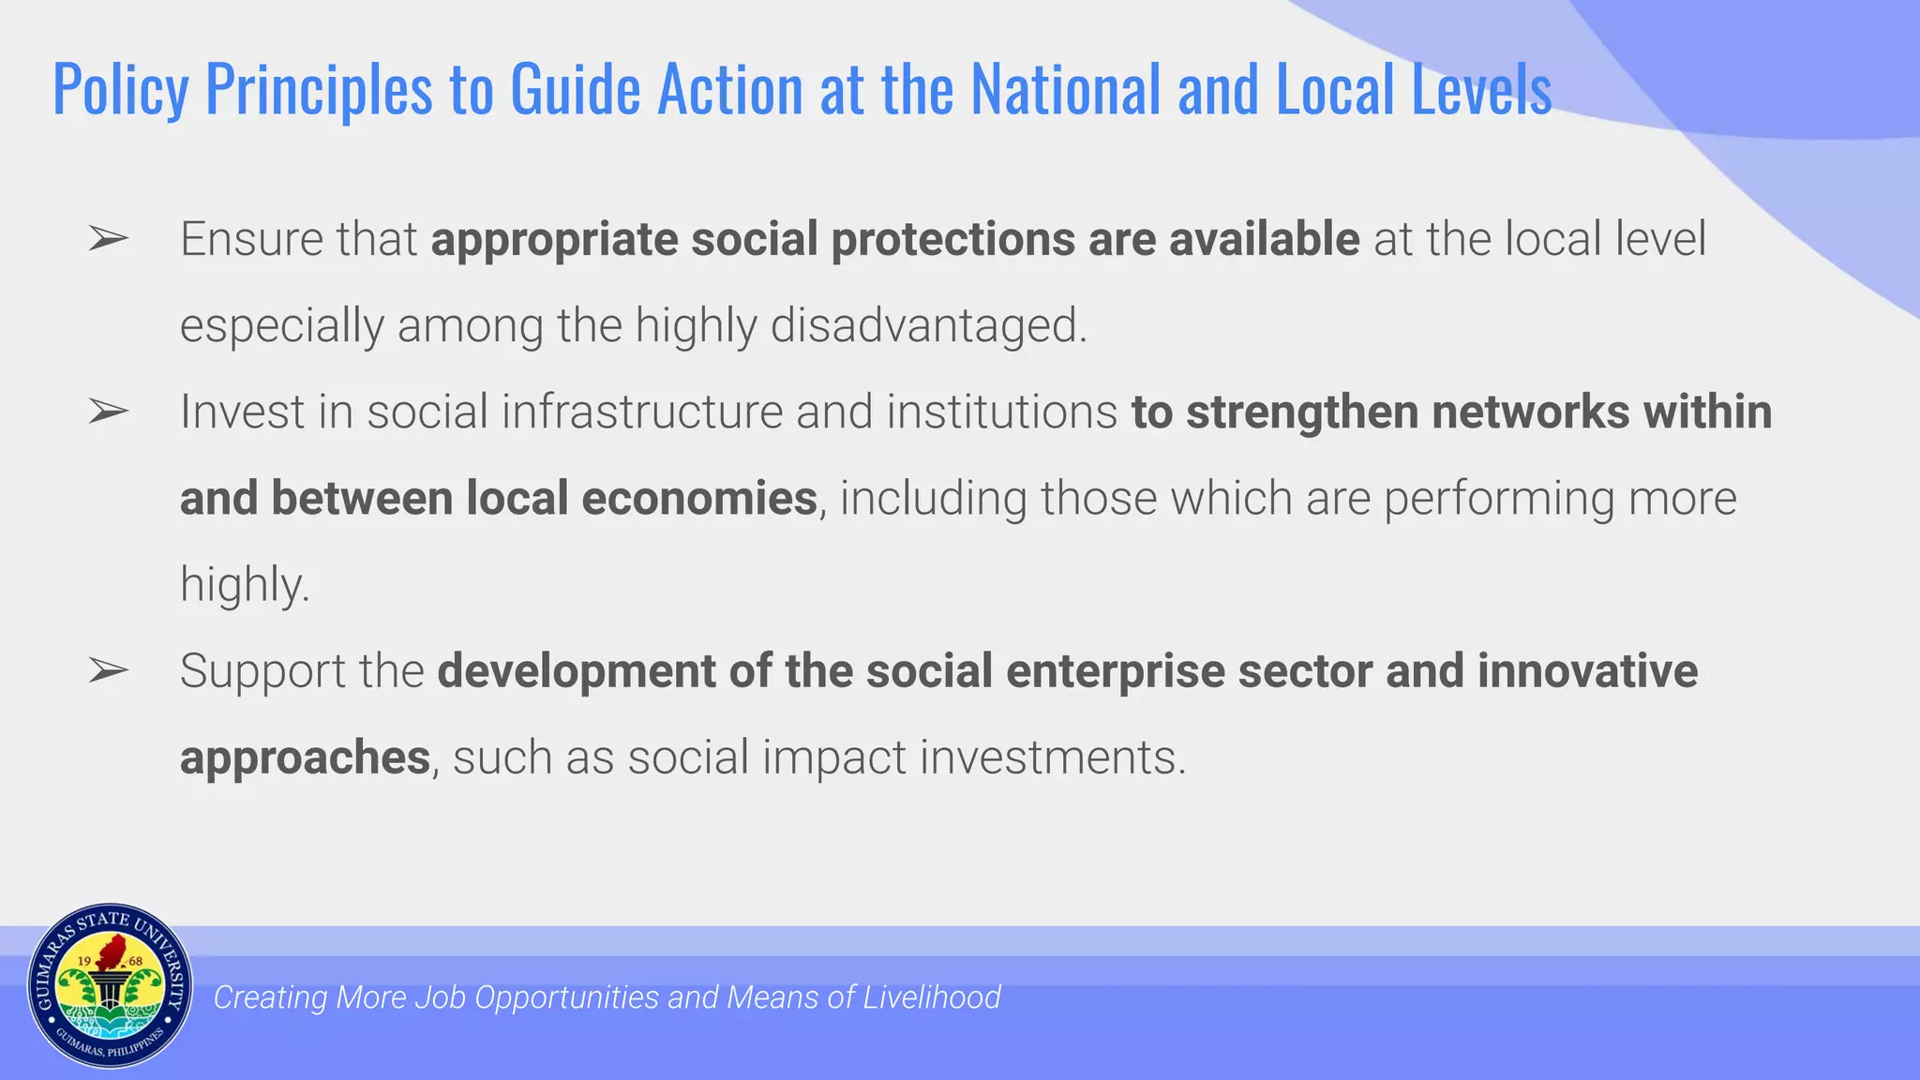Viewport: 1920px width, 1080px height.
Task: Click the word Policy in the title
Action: pos(120,90)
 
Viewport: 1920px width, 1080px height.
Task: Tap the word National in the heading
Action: pos(1065,90)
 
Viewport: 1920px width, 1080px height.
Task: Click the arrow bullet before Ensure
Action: pos(108,239)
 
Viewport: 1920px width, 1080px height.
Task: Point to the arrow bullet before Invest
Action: pos(108,412)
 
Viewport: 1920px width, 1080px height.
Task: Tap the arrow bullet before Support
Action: pos(108,671)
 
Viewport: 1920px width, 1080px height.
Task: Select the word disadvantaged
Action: pos(928,325)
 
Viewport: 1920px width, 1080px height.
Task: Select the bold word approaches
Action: pos(305,757)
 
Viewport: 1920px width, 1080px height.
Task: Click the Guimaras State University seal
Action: pos(110,986)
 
